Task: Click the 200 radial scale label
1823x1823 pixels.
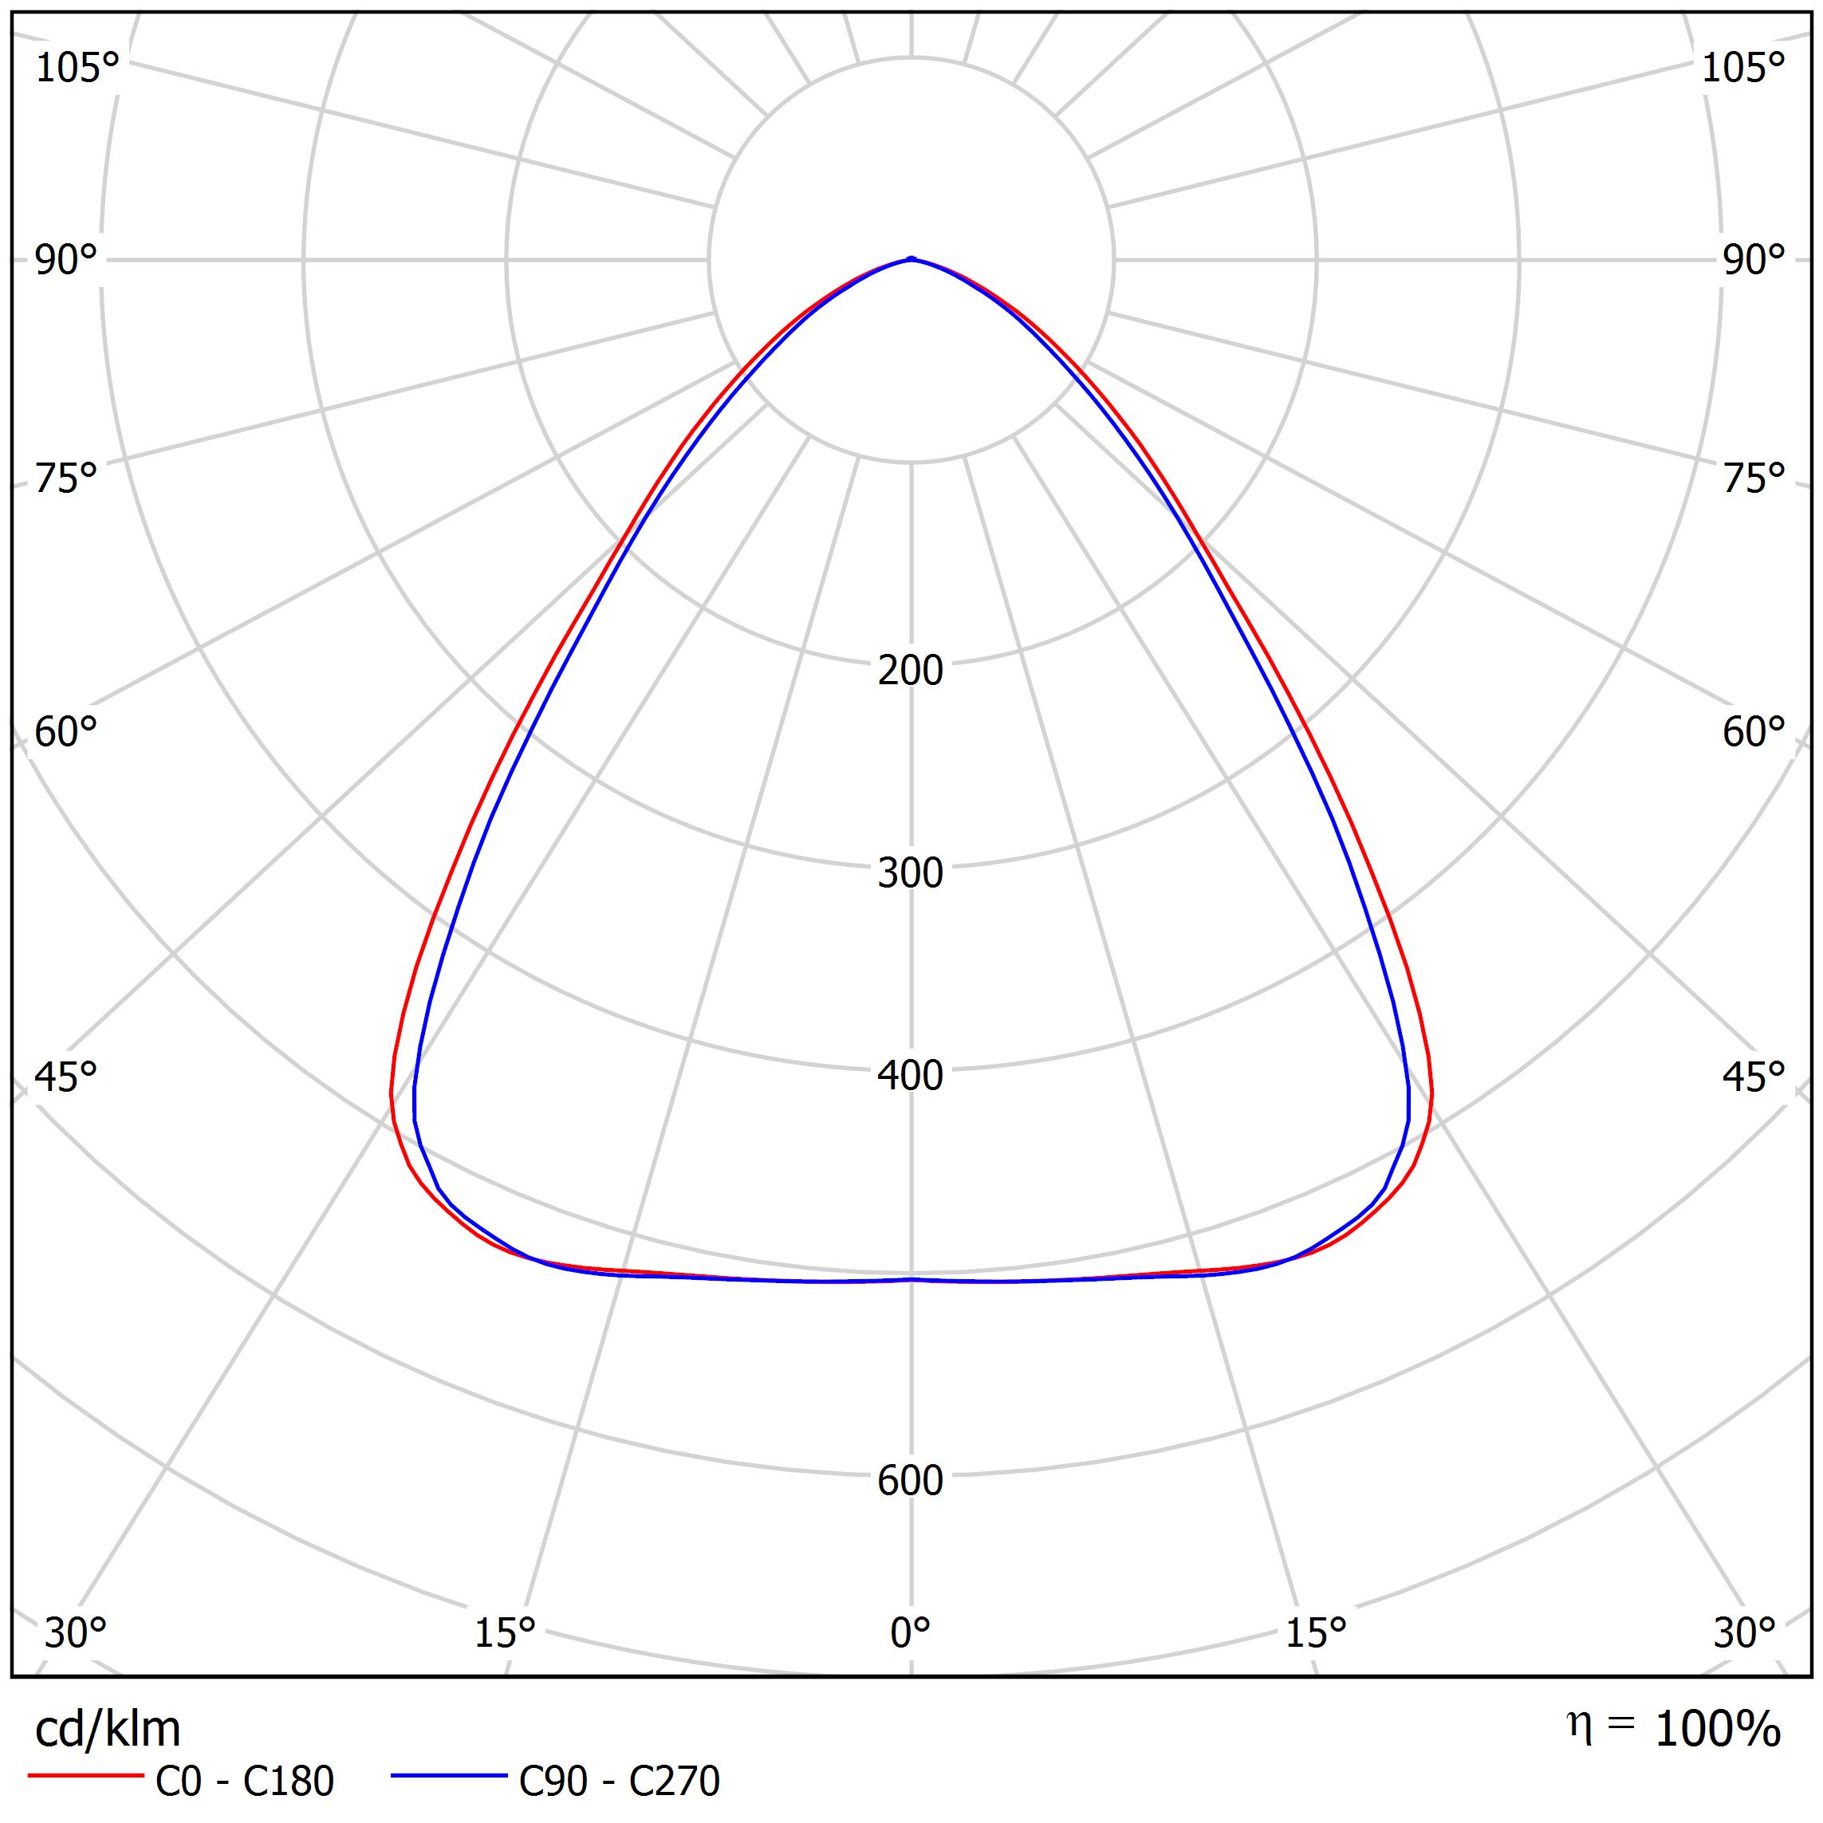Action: pyautogui.click(x=910, y=671)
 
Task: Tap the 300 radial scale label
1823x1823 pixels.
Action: pyautogui.click(x=910, y=874)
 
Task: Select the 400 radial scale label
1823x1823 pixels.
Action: pyautogui.click(x=910, y=1076)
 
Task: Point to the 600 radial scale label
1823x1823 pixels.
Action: pyautogui.click(x=910, y=1480)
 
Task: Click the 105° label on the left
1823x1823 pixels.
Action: pyautogui.click(x=77, y=68)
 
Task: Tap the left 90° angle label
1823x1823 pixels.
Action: pyautogui.click(x=66, y=261)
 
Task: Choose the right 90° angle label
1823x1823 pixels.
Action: pyautogui.click(x=1754, y=261)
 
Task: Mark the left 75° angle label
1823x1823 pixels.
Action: pyautogui.click(x=66, y=479)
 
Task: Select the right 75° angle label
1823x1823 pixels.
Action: pyautogui.click(x=1754, y=479)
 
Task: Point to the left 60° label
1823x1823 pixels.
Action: pyautogui.click(x=66, y=732)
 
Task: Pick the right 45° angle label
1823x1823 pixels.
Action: pyautogui.click(x=1754, y=1077)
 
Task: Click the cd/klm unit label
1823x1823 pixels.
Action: pyautogui.click(x=108, y=1730)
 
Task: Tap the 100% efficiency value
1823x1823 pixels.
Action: pyautogui.click(x=1717, y=1730)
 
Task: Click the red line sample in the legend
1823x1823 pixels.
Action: pyautogui.click(x=85, y=1777)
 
